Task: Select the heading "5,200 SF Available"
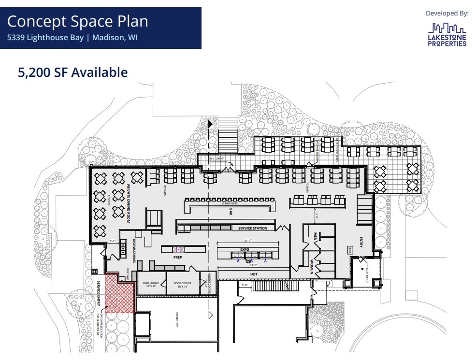[72, 72]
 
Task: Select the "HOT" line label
[254, 274]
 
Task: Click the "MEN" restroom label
[315, 236]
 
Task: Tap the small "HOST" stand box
[350, 250]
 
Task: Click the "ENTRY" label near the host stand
[361, 241]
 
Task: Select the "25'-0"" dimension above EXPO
[247, 240]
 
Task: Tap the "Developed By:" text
[447, 13]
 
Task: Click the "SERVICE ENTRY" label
[99, 293]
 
